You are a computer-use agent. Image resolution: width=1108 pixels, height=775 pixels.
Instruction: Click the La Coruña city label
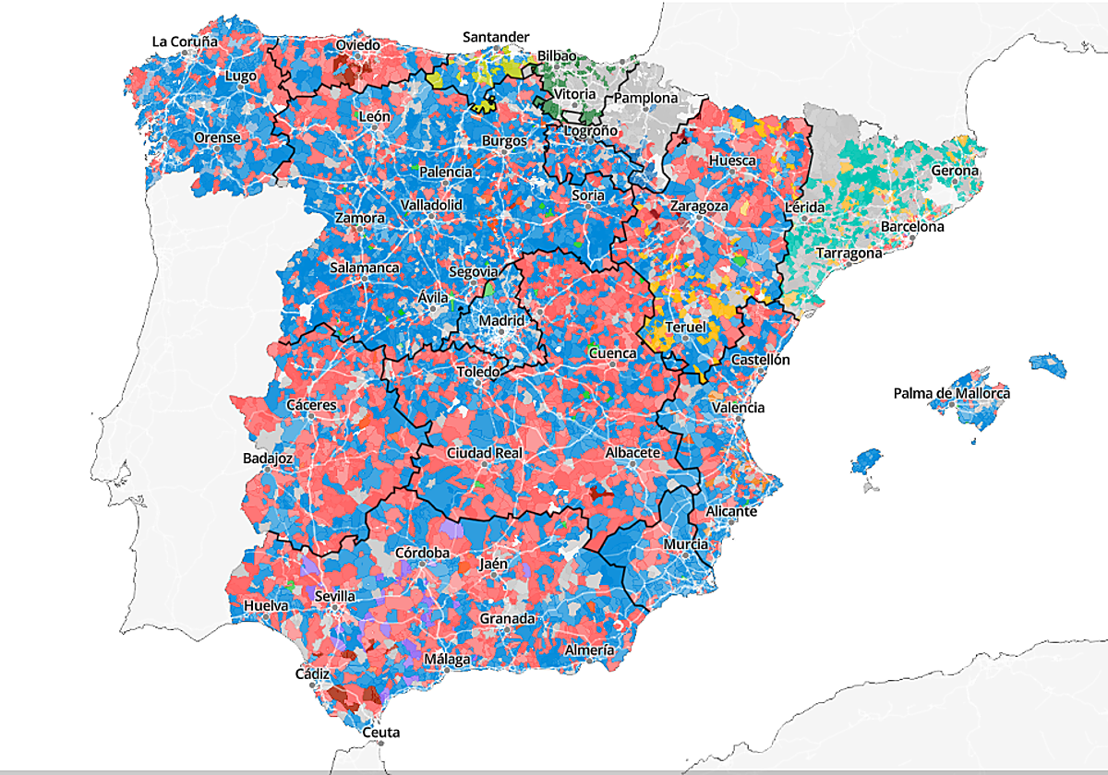[185, 42]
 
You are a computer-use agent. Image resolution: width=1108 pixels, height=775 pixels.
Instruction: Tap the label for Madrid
[501, 320]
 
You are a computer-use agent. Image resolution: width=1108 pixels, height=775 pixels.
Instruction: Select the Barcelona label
[912, 226]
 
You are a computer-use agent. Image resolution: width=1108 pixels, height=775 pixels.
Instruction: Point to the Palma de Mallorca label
[951, 394]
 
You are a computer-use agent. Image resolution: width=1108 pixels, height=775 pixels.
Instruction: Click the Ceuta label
[380, 733]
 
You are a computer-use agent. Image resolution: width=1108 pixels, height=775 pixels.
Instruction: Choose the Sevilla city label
[335, 596]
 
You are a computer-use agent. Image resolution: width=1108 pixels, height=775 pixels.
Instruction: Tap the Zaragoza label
[699, 206]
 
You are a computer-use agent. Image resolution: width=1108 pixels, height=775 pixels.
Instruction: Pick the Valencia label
[738, 407]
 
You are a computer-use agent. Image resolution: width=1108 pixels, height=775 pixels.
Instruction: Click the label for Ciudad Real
[484, 453]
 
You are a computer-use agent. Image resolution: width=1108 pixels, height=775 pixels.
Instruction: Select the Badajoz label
[268, 458]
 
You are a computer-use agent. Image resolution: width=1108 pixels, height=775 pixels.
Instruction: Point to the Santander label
[496, 37]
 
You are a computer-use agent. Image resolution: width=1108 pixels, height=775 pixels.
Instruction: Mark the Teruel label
[685, 328]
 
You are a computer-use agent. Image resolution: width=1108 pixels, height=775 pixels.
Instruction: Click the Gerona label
[954, 171]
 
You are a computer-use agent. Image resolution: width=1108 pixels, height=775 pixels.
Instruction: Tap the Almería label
[589, 650]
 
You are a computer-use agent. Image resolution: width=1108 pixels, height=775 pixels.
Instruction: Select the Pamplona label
[645, 98]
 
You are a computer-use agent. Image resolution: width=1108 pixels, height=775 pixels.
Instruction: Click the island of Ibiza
[865, 459]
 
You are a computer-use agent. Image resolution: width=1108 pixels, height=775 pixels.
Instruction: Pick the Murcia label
[686, 544]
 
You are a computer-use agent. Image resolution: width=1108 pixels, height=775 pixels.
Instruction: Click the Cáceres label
[311, 405]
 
